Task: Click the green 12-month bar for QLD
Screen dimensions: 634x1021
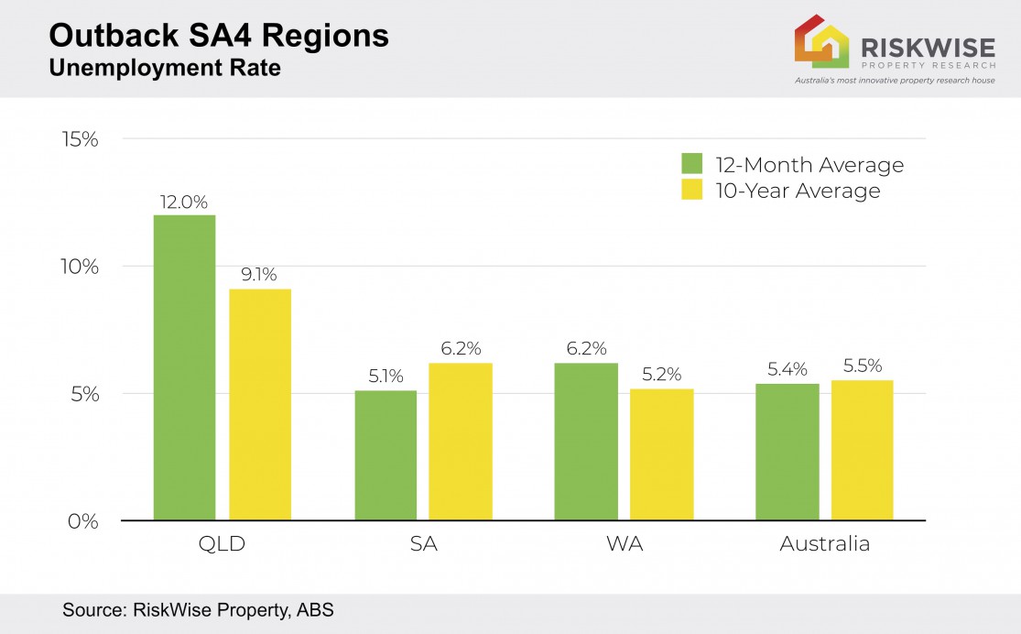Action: tap(184, 367)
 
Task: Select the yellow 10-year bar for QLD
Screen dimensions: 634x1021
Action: tap(260, 404)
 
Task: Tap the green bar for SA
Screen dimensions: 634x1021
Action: tap(386, 455)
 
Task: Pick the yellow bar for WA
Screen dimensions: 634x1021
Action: tap(662, 454)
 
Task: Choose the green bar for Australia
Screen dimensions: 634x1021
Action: tap(787, 452)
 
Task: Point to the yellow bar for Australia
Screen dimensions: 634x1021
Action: tap(863, 450)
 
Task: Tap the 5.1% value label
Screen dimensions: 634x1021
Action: tap(385, 377)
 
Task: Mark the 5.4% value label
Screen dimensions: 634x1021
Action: tap(787, 369)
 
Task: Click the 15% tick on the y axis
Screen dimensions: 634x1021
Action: tap(79, 139)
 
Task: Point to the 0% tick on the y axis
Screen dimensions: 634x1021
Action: tap(82, 520)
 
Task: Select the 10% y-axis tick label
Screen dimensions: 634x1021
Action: tap(79, 267)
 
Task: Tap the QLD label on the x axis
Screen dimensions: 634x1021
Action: tap(222, 544)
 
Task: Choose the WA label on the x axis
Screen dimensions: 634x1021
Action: tap(625, 544)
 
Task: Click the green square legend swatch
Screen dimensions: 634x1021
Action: tap(691, 164)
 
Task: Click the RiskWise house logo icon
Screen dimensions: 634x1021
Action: tap(821, 41)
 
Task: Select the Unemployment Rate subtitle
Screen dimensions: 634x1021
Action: tap(164, 67)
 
